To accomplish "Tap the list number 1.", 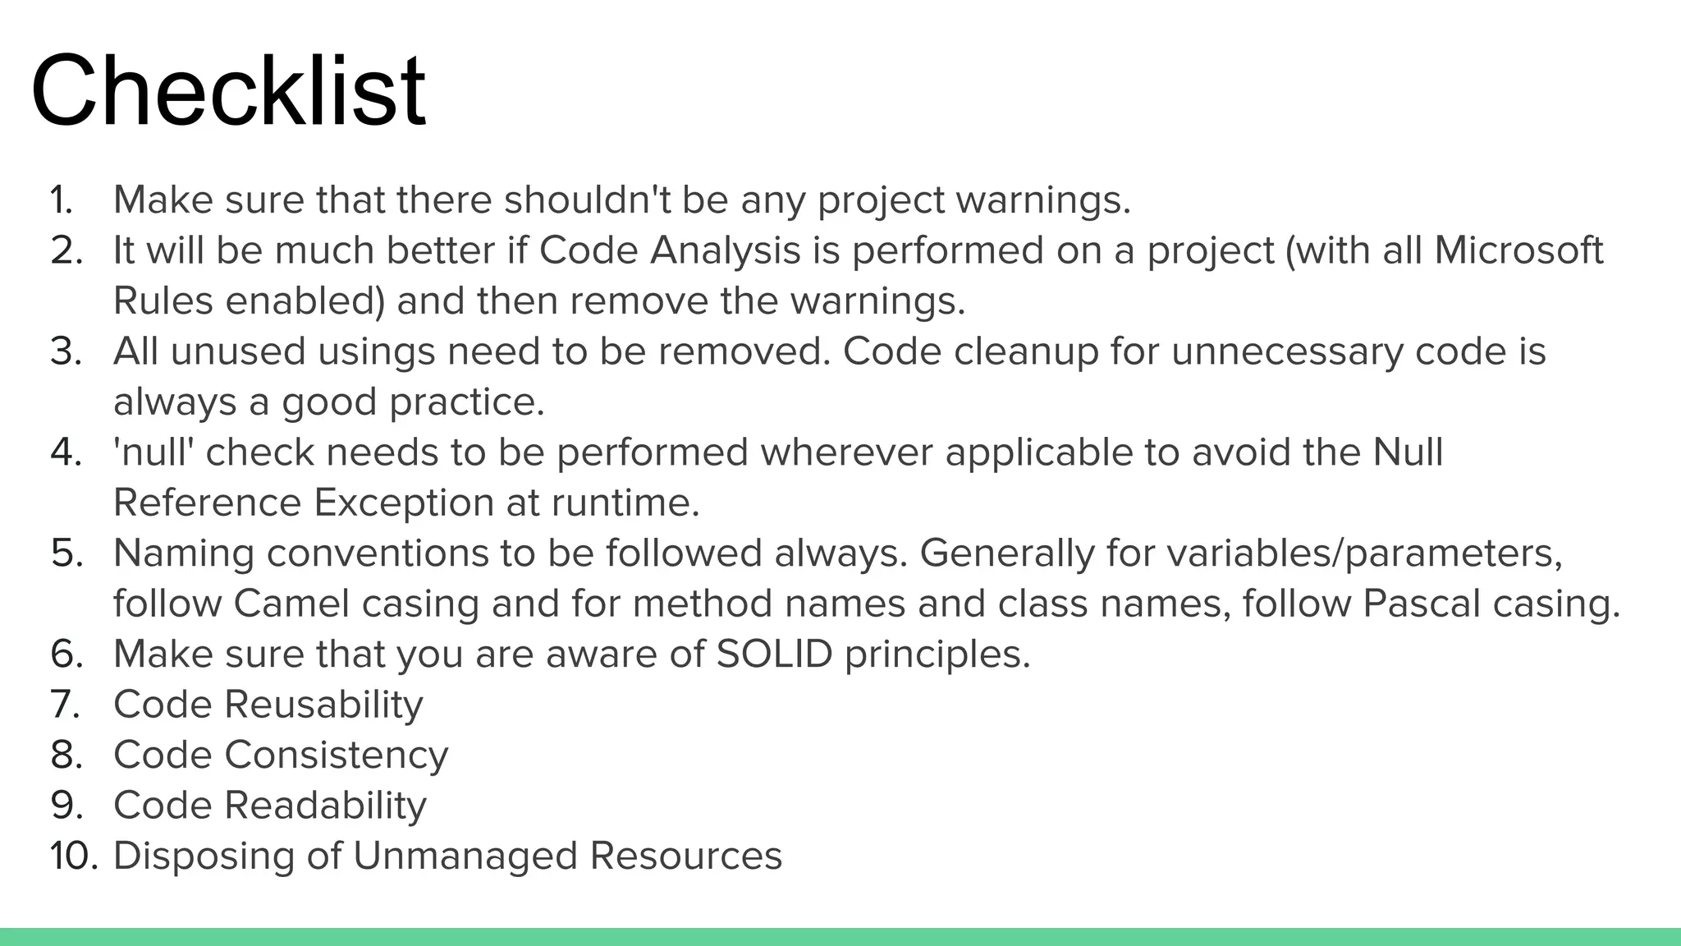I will pos(62,200).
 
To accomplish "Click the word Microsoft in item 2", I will pos(1518,250).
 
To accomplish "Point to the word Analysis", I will pos(725,250).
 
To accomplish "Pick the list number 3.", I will pos(66,351).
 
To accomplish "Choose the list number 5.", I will pos(66,553).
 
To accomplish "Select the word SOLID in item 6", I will pos(774,654).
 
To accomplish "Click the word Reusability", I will pos(323,705).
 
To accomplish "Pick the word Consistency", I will pos(337,755).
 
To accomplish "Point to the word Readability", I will pos(325,806).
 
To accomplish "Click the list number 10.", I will pos(73,856).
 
